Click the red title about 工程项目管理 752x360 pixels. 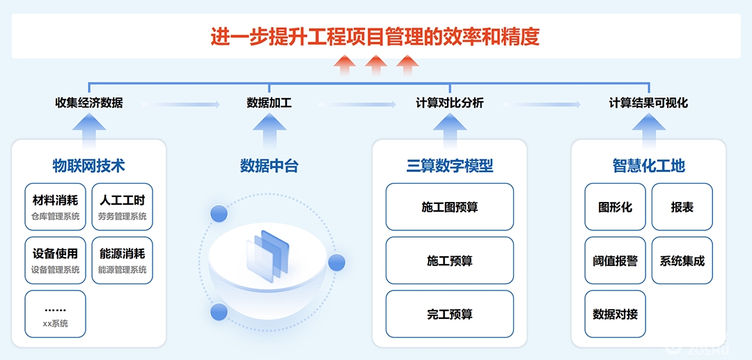[375, 36]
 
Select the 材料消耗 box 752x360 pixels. [55, 207]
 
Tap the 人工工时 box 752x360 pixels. [123, 207]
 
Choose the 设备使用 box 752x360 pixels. [55, 260]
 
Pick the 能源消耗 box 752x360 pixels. [123, 260]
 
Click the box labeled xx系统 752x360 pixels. [55, 314]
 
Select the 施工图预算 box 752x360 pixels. [450, 207]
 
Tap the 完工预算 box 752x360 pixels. [450, 314]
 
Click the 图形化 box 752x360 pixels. [616, 207]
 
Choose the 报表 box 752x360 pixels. [682, 207]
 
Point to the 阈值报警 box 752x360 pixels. [616, 260]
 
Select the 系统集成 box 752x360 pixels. [682, 260]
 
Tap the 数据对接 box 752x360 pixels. [616, 314]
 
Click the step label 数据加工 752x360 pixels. [269, 103]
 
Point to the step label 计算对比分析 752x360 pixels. [450, 103]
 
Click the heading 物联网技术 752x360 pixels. [88, 166]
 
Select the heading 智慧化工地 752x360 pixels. [648, 166]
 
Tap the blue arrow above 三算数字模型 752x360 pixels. [450, 130]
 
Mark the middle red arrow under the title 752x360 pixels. [376, 65]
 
